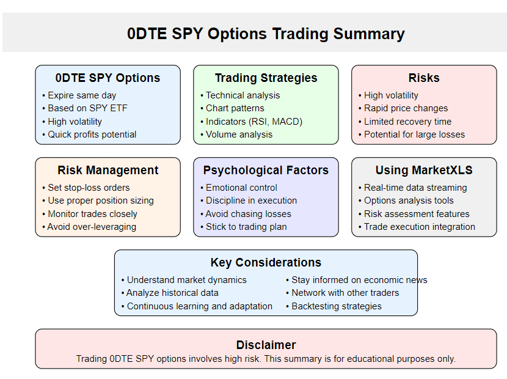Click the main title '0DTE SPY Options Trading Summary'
coord(266,34)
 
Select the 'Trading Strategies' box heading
coord(266,78)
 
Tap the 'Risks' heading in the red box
coord(424,78)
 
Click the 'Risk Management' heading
coord(108,170)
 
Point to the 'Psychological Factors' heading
coord(266,170)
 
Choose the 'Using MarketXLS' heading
coord(424,170)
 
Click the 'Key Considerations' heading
coord(266,262)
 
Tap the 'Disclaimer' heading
coord(266,345)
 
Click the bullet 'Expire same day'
coord(82,95)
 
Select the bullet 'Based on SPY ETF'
coord(87,108)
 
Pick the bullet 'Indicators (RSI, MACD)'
coord(254,122)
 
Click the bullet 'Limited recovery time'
coord(407,122)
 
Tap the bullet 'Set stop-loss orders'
coord(89,188)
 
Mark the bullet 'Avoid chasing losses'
coord(249,214)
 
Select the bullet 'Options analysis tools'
coord(409,201)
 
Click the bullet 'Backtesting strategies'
coord(337,306)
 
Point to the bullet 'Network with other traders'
coord(345,293)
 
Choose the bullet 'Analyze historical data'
coord(172,293)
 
